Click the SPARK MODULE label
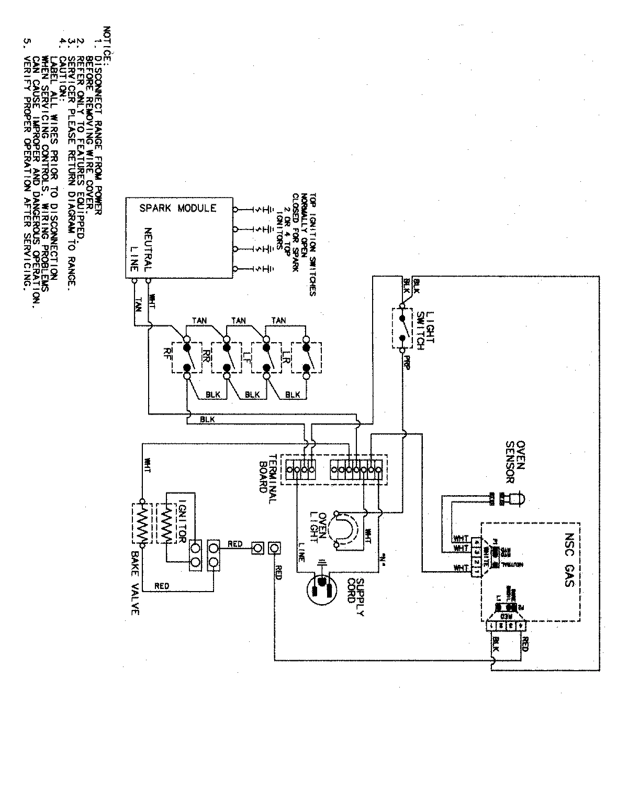[177, 208]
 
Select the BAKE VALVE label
[136, 587]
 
